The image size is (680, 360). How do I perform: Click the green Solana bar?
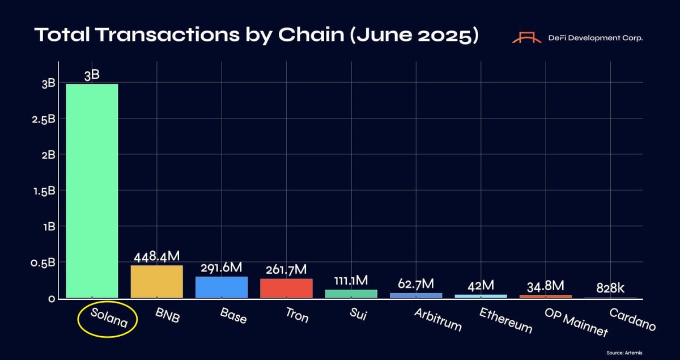click(92, 190)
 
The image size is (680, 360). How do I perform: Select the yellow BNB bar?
click(156, 281)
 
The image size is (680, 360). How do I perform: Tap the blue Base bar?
click(222, 287)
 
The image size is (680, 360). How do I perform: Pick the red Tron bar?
click(286, 288)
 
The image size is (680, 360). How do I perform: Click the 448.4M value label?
click(156, 257)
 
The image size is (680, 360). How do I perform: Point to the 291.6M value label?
click(222, 268)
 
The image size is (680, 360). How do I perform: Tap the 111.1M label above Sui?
click(351, 281)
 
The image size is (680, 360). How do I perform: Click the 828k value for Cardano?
click(610, 288)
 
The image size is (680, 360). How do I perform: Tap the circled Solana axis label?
click(107, 320)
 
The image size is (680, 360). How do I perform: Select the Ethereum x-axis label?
click(505, 320)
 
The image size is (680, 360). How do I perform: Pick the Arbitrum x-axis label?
click(437, 320)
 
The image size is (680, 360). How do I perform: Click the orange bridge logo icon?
click(527, 37)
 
